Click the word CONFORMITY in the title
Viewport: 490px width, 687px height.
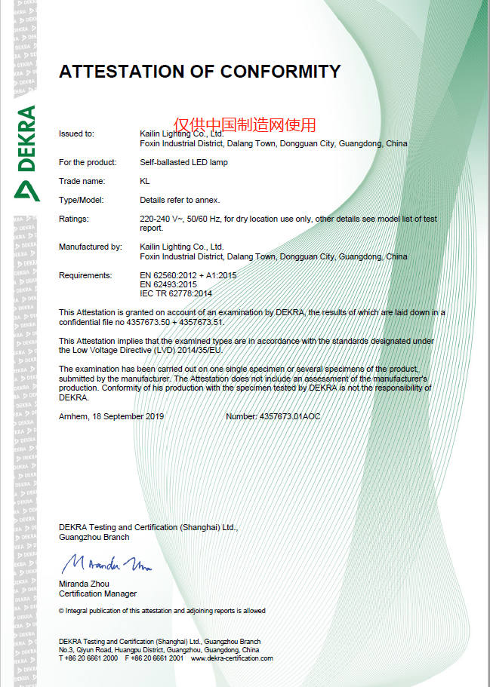click(280, 72)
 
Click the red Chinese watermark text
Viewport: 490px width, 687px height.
click(245, 124)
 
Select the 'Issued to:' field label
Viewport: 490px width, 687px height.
click(76, 133)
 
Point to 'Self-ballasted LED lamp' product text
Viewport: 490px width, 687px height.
click(183, 162)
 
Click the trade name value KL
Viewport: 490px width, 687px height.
click(145, 181)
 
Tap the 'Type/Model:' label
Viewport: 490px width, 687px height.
click(81, 200)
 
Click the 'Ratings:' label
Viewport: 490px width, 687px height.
click(73, 219)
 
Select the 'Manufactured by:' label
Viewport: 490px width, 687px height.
click(90, 247)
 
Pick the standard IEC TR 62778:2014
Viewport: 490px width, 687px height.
click(176, 293)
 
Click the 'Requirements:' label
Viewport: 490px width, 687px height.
click(85, 275)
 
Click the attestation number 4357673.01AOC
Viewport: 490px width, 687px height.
click(290, 416)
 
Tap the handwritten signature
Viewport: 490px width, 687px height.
click(106, 563)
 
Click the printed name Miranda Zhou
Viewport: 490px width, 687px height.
click(84, 584)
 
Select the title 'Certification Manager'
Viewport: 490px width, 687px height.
click(97, 593)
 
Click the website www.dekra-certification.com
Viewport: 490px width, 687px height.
click(232, 658)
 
